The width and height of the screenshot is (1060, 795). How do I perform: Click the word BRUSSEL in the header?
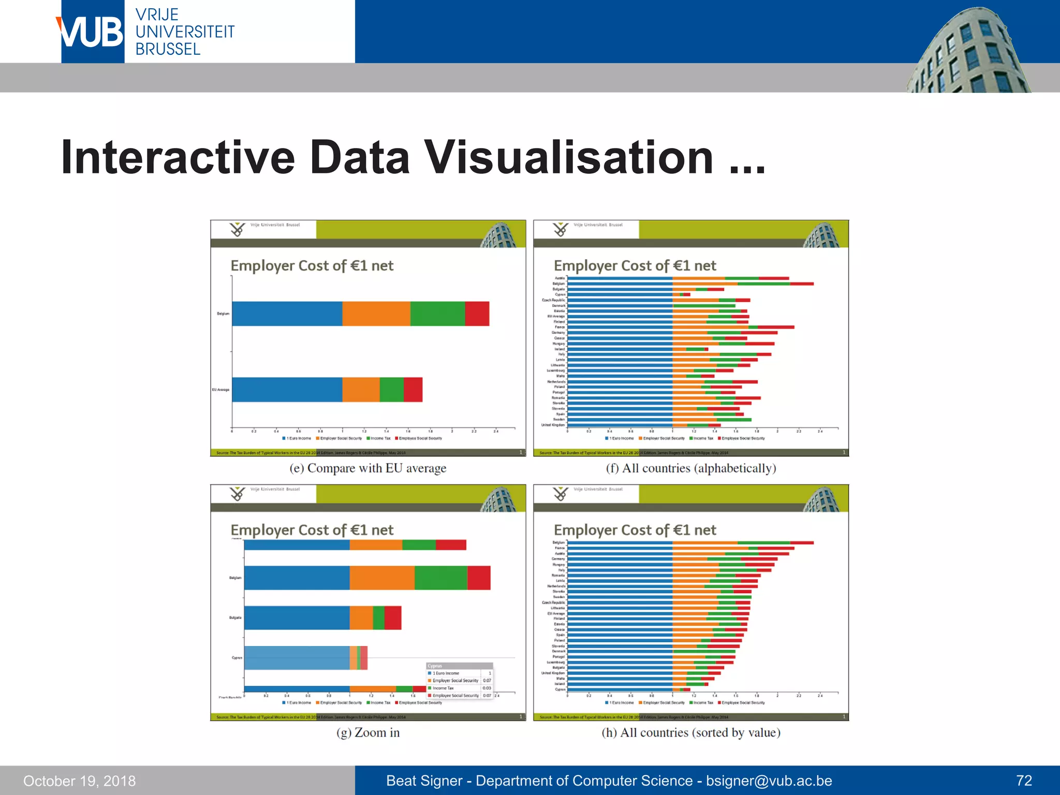click(168, 49)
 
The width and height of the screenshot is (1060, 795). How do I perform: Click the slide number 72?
click(1024, 781)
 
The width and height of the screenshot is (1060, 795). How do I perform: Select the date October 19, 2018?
click(79, 781)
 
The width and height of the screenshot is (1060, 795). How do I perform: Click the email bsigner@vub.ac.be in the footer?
click(769, 781)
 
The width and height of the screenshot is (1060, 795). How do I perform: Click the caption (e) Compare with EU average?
click(367, 468)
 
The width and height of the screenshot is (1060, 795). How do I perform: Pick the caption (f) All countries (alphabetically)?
click(691, 468)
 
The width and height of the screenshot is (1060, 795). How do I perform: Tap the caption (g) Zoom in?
click(367, 732)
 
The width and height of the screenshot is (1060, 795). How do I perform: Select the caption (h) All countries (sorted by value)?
click(691, 732)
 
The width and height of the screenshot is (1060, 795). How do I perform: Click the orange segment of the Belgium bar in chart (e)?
click(376, 314)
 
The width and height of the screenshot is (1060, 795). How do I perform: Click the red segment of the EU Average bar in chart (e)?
click(413, 390)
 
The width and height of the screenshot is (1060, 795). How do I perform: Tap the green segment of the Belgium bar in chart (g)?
click(440, 578)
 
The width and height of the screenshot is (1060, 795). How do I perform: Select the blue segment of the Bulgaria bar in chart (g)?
click(297, 617)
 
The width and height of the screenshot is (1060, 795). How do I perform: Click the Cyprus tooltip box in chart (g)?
click(459, 680)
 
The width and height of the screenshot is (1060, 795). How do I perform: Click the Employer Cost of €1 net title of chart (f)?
click(635, 266)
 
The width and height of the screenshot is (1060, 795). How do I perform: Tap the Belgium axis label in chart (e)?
click(223, 314)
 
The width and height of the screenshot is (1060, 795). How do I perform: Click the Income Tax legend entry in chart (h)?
click(702, 702)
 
